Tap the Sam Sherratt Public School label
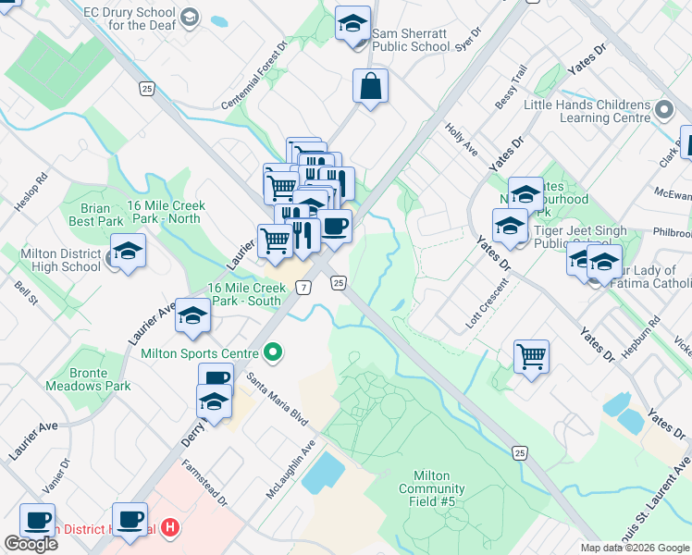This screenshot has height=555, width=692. tap(411, 39)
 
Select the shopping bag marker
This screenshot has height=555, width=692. tap(370, 87)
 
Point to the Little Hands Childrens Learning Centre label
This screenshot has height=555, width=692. tap(587, 112)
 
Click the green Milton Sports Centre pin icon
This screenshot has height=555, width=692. tap(272, 351)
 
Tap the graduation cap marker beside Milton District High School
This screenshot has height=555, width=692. tap(128, 252)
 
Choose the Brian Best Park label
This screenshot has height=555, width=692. tap(95, 216)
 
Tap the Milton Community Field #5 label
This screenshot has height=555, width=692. tap(432, 488)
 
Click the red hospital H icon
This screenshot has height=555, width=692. tap(169, 528)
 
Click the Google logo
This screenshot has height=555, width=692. tap(31, 544)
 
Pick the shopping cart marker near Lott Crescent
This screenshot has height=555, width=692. tap(532, 355)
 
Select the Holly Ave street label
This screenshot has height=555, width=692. tap(461, 140)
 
